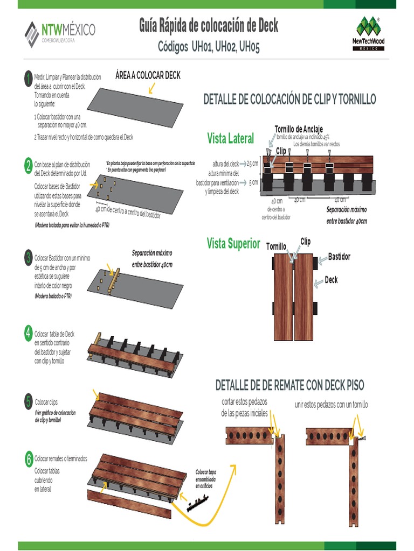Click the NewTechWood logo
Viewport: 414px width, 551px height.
369,33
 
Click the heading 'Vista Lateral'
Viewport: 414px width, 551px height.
230,139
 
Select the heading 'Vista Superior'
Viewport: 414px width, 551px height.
233,244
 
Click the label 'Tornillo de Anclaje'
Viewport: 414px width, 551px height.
299,129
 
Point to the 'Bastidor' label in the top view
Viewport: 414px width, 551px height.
339,257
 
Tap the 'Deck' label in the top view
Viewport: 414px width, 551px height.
331,280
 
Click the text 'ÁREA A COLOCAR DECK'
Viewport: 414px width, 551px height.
148,75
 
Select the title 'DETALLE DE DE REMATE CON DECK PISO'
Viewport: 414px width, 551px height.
289,385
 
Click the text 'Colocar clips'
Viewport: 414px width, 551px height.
46,402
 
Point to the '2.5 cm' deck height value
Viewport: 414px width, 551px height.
252,164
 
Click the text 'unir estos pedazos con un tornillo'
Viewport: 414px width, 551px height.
331,405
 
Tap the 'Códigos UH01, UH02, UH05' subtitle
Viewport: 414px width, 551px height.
209,47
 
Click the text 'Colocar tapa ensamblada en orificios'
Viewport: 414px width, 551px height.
205,479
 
